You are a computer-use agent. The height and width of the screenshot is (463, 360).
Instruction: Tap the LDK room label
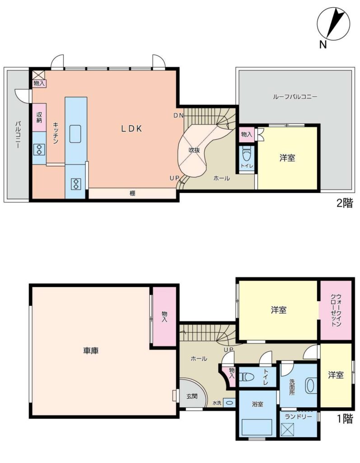(132, 128)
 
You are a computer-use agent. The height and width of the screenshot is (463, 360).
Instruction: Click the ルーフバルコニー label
(295, 97)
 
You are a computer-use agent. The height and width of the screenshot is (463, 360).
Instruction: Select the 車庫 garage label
(91, 350)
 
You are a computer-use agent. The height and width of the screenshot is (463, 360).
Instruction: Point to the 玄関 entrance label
(192, 396)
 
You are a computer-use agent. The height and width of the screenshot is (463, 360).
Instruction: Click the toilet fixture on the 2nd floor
(246, 154)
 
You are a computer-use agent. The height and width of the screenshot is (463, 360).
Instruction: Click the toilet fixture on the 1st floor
(247, 377)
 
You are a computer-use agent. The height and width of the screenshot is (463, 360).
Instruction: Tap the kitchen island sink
(75, 134)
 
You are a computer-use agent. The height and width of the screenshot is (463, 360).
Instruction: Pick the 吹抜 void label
(195, 150)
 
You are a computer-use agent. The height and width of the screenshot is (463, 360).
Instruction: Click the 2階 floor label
(344, 203)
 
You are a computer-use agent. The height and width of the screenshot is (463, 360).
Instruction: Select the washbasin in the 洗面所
(311, 386)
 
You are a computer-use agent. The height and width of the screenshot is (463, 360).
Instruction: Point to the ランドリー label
(298, 416)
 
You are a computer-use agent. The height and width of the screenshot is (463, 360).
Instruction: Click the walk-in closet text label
(336, 310)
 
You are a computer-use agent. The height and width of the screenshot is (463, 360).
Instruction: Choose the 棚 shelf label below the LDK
(132, 194)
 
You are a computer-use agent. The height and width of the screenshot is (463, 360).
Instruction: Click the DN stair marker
(178, 115)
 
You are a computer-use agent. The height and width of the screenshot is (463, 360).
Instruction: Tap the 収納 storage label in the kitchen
(39, 117)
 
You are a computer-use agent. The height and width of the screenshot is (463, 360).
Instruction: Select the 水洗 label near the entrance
(217, 403)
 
